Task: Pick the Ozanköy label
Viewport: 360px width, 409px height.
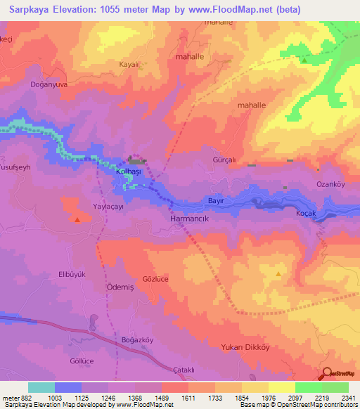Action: [330, 183]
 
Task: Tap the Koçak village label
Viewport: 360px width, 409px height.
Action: [308, 213]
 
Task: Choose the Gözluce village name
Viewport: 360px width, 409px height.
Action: [157, 279]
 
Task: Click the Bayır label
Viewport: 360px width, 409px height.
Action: [216, 200]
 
